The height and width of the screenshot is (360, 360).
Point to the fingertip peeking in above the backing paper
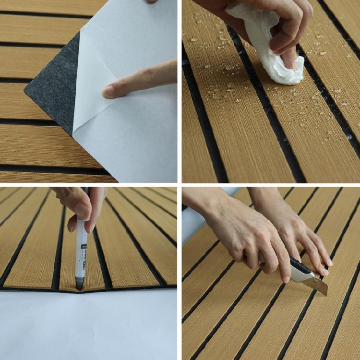153,1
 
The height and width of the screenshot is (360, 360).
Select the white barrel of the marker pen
81,250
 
